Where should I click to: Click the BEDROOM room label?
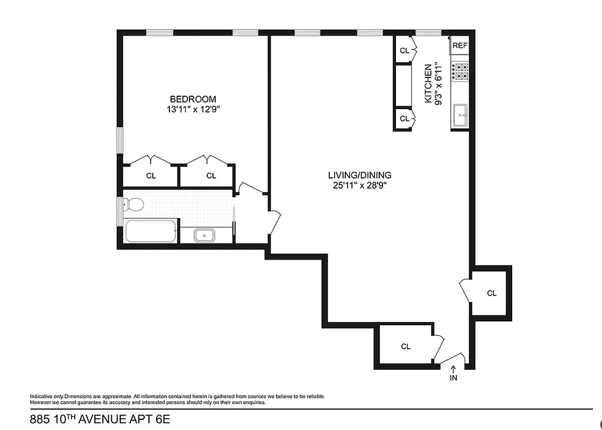(193, 99)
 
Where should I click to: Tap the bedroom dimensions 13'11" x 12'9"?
(193, 109)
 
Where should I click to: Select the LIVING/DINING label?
(360, 175)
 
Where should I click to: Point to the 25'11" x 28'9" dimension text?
(360, 186)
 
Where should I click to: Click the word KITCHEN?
(428, 84)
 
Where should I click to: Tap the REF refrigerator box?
(460, 46)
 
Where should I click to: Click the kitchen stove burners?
(460, 71)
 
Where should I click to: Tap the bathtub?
(151, 231)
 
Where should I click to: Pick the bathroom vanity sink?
(204, 235)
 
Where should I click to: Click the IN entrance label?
(454, 378)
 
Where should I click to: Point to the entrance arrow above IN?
(454, 369)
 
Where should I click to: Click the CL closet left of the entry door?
(406, 347)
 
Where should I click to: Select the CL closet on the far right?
(491, 293)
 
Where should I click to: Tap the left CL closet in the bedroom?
(151, 176)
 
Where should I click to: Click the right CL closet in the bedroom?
(211, 176)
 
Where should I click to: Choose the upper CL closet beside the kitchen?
(404, 51)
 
